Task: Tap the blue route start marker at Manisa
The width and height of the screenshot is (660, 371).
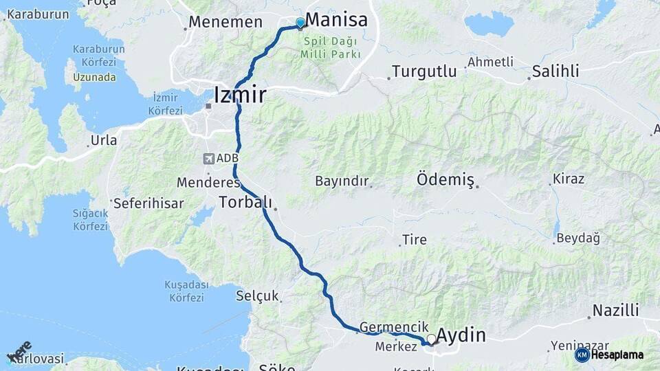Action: [300, 23]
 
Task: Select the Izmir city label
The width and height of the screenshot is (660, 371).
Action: [240, 94]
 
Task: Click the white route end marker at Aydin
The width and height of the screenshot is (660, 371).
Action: [431, 339]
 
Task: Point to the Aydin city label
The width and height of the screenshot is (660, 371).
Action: [461, 335]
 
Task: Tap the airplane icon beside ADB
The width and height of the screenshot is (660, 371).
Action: [208, 159]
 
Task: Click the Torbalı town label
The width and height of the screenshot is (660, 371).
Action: [245, 202]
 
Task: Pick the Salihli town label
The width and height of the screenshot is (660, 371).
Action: [555, 71]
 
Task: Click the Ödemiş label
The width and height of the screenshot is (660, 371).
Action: [445, 180]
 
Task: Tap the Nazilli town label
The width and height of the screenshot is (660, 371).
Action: [615, 310]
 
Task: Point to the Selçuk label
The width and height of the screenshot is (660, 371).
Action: [257, 296]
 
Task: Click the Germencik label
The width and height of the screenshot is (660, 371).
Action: [394, 328]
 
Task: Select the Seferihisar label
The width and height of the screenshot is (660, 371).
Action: [148, 203]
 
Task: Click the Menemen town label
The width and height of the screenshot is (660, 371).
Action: [225, 21]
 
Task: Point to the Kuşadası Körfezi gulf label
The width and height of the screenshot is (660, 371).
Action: [184, 291]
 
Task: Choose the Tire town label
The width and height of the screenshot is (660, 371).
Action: [415, 240]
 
